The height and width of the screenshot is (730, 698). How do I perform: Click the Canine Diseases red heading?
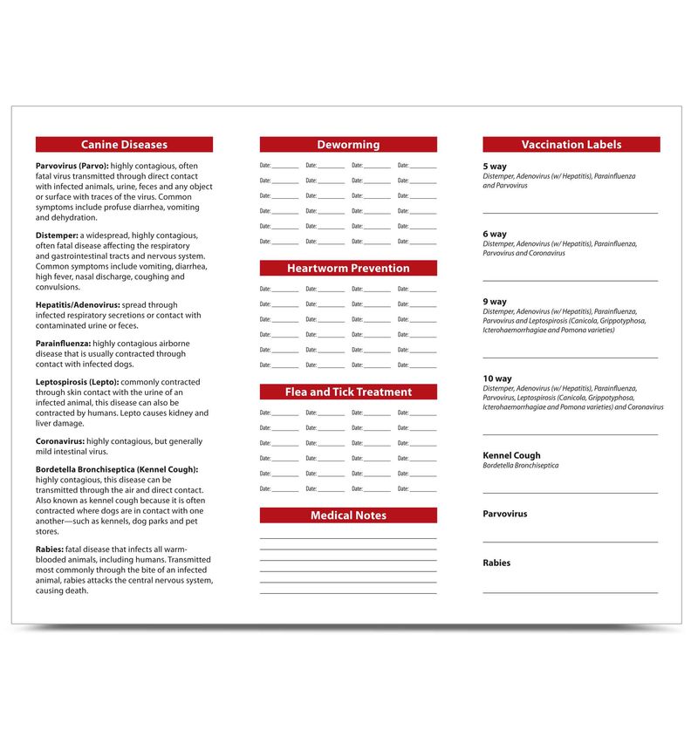pyautogui.click(x=124, y=145)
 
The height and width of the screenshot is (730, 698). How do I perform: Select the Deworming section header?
pyautogui.click(x=348, y=145)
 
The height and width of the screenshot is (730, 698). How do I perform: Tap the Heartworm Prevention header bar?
pyautogui.click(x=348, y=269)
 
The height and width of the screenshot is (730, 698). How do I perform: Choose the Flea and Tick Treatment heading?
pyautogui.click(x=348, y=392)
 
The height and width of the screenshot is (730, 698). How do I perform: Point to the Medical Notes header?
pyautogui.click(x=348, y=515)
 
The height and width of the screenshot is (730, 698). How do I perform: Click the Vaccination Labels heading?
pyautogui.click(x=571, y=145)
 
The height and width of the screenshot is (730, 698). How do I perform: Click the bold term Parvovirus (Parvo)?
pyautogui.click(x=72, y=166)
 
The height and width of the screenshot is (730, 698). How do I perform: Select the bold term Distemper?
pyautogui.click(x=57, y=235)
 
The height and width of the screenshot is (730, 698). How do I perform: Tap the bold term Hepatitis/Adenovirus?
pyautogui.click(x=78, y=305)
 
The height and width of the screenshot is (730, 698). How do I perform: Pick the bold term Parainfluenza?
pyautogui.click(x=64, y=344)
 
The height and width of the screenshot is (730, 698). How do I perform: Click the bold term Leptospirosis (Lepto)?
pyautogui.click(x=77, y=382)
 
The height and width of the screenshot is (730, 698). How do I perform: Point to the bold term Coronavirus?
pyautogui.click(x=60, y=441)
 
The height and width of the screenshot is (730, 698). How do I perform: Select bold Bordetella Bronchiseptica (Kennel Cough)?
pyautogui.click(x=117, y=469)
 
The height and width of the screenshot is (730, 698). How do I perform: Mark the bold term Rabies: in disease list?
pyautogui.click(x=50, y=549)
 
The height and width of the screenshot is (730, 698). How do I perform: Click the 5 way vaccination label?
pyautogui.click(x=495, y=166)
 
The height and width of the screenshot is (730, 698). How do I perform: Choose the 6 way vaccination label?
pyautogui.click(x=495, y=234)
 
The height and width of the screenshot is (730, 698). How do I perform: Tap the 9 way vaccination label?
pyautogui.click(x=495, y=302)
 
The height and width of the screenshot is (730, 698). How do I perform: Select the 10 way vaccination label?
pyautogui.click(x=497, y=379)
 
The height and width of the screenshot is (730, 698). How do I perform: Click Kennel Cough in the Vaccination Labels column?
pyautogui.click(x=511, y=455)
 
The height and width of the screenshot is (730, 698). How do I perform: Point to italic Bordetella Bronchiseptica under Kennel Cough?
pyautogui.click(x=521, y=466)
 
